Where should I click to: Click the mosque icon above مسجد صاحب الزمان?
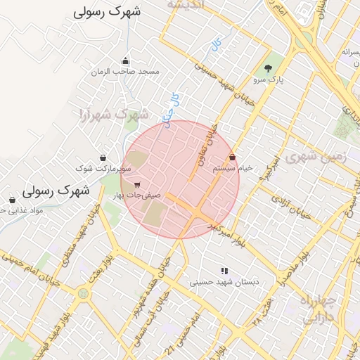(x=125, y=61)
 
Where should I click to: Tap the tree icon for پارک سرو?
(x=268, y=68)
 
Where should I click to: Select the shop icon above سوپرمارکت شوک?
(x=103, y=158)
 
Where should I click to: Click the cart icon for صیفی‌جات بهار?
(x=136, y=185)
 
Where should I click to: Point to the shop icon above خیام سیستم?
(x=233, y=158)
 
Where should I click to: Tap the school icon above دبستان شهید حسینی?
(x=224, y=271)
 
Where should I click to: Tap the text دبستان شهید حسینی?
(x=224, y=282)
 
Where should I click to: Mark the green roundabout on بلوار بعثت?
(x=84, y=293)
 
